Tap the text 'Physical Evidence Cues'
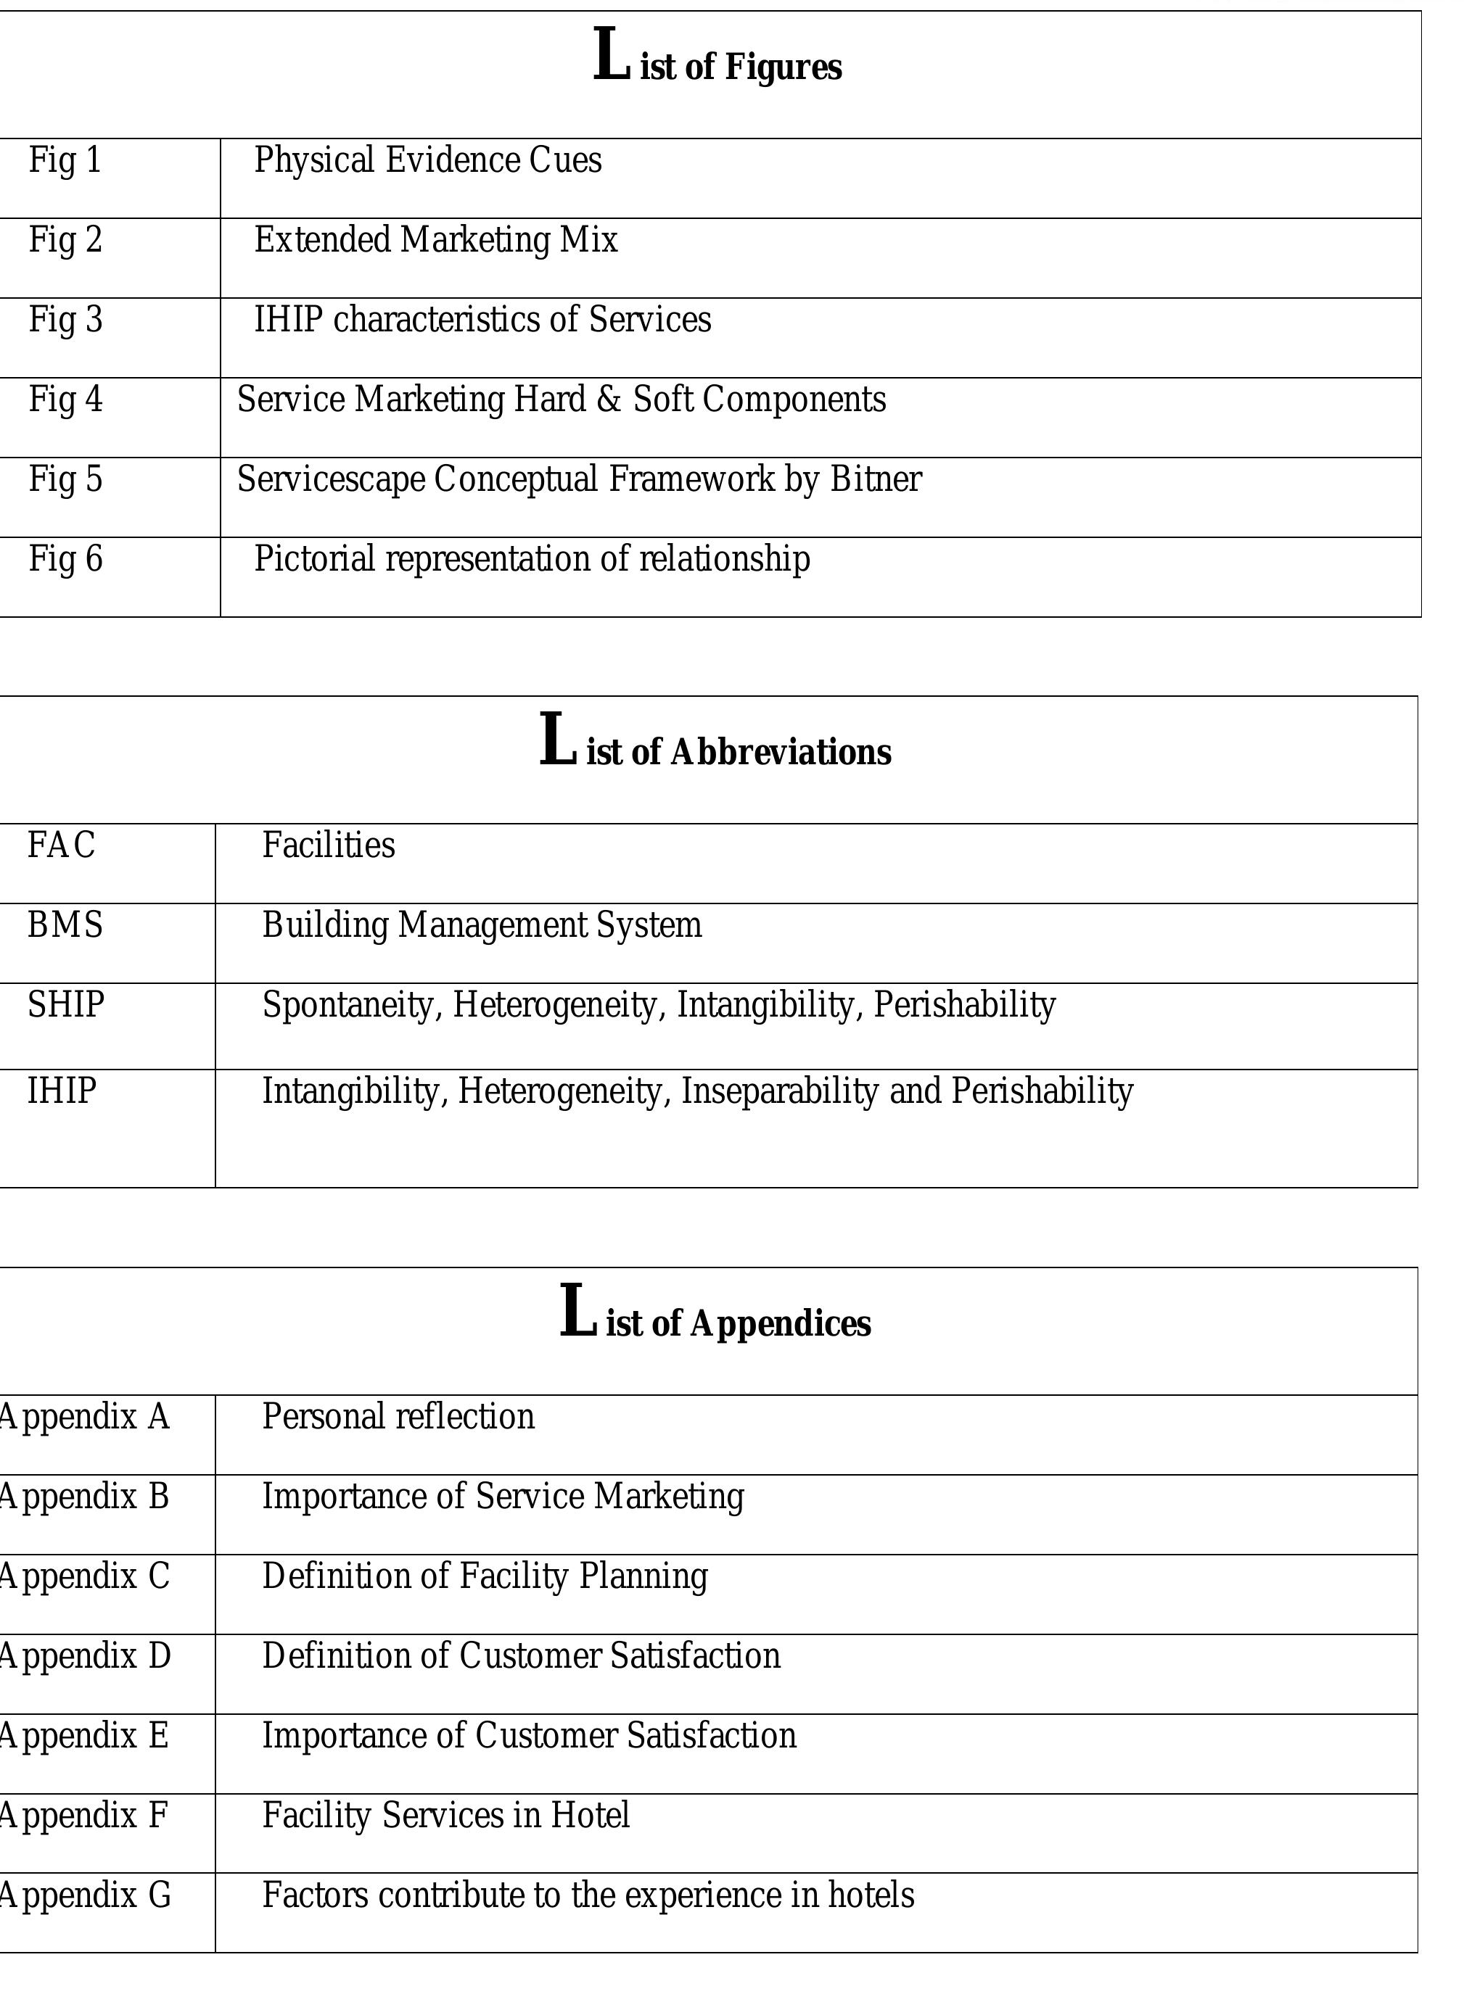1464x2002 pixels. click(x=428, y=160)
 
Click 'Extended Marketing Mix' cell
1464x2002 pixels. click(x=436, y=240)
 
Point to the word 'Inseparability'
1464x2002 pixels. click(x=779, y=1091)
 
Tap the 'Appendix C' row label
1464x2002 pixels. click(x=83, y=1577)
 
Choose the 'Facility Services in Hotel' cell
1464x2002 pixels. click(x=445, y=1816)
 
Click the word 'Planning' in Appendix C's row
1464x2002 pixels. click(x=643, y=1577)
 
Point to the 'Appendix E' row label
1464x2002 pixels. click(x=83, y=1736)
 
